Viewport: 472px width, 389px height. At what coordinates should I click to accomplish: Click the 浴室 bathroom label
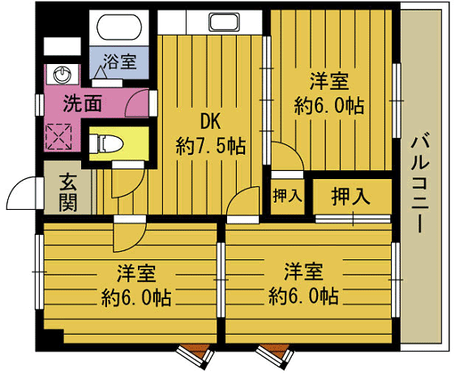tap(118, 62)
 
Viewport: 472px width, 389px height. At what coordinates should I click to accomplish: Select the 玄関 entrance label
tap(67, 192)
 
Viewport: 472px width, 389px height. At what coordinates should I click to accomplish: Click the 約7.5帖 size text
tap(211, 147)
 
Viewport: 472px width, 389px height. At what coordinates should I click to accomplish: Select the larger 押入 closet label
tap(351, 195)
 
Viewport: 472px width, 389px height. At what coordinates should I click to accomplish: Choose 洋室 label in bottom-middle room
tap(303, 270)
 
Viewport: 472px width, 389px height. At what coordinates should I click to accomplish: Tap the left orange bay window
tap(195, 353)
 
